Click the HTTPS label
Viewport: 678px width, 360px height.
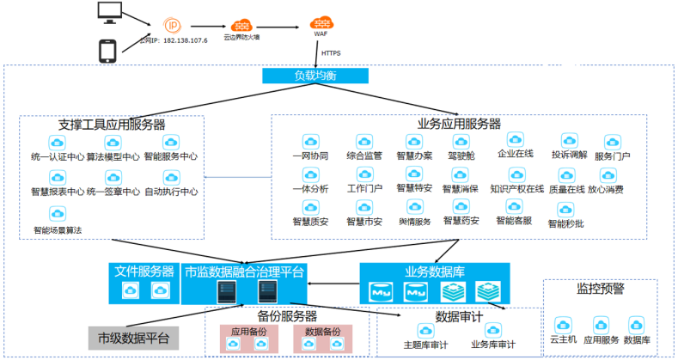click(331, 53)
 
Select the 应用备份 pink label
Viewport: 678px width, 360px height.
click(249, 331)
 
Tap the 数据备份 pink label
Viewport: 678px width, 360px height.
click(323, 331)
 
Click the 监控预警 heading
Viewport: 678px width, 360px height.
click(600, 290)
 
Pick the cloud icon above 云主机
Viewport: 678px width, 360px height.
click(563, 325)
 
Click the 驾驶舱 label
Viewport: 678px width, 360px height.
click(461, 157)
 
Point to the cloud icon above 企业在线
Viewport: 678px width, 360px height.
click(516, 139)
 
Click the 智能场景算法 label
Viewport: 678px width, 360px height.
click(58, 230)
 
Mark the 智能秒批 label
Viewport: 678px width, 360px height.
click(565, 224)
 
